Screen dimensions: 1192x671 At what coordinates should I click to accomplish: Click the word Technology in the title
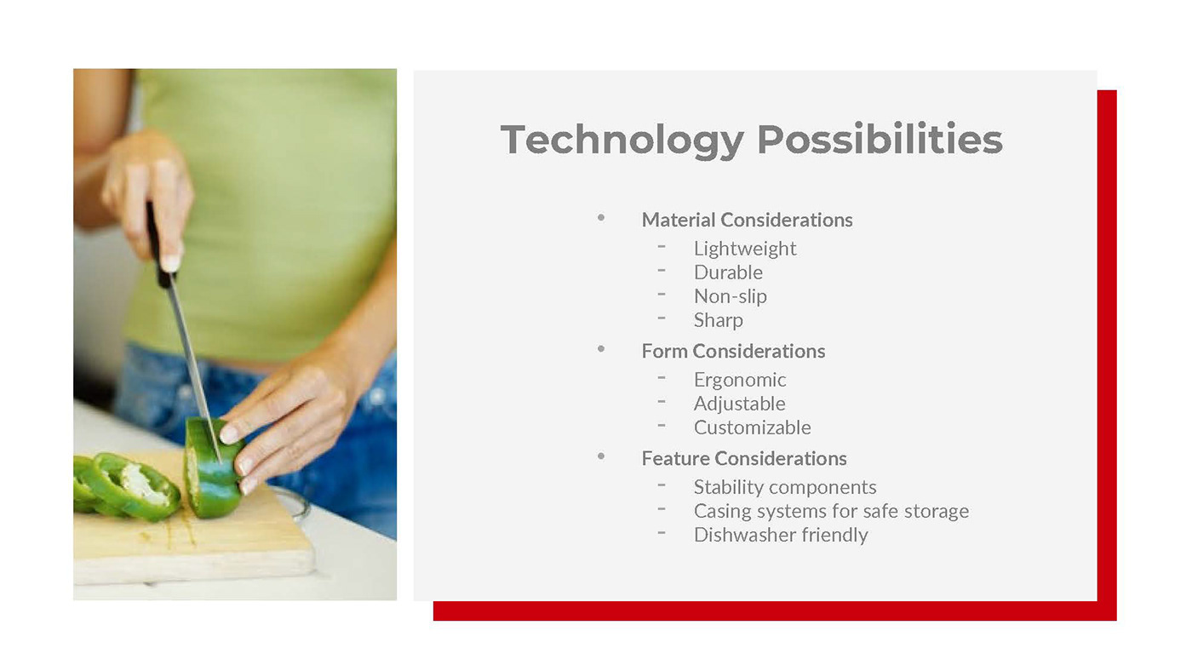coord(622,140)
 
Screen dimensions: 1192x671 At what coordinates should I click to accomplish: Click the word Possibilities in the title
coord(880,139)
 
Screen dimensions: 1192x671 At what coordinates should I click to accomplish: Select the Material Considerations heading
coord(747,220)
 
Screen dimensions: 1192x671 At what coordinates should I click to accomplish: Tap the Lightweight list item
coord(745,249)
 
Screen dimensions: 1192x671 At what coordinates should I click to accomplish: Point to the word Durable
coord(728,272)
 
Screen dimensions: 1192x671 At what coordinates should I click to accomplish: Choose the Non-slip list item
coord(731,296)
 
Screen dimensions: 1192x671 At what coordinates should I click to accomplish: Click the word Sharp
coord(719,320)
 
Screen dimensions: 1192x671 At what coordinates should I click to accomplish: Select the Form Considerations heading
coord(733,351)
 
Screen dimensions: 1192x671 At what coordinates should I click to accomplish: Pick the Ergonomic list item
coord(740,381)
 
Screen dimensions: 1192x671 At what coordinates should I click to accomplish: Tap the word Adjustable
coord(739,404)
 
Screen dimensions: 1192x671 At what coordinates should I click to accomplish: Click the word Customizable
coord(752,427)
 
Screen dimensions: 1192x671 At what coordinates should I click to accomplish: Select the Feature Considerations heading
coord(744,459)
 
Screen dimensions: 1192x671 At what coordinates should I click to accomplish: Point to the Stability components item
coord(785,487)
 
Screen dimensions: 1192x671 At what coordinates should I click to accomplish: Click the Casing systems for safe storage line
coord(831,512)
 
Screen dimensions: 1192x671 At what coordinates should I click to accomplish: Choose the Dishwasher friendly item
coord(781,535)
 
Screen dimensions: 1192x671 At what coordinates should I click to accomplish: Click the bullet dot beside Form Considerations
coord(601,349)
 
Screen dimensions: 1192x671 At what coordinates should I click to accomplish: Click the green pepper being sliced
coord(213,467)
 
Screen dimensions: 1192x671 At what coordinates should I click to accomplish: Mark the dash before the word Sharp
coord(662,318)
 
